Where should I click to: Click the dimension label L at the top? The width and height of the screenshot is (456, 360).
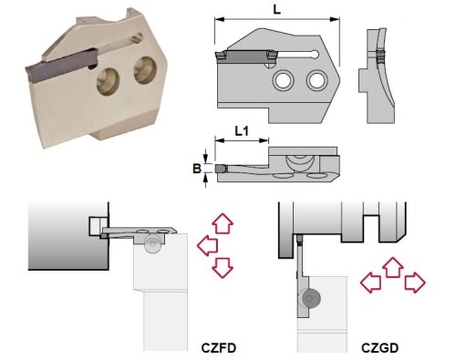click(x=276, y=9)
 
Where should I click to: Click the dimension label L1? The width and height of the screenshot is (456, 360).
click(x=242, y=131)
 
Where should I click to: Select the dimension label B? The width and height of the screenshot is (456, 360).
click(x=197, y=168)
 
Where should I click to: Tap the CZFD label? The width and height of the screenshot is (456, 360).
click(x=219, y=348)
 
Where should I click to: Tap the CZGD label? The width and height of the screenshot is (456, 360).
click(x=379, y=348)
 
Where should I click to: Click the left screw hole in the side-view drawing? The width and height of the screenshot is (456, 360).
click(x=284, y=80)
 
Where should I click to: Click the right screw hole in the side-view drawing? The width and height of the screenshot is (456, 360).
click(x=316, y=80)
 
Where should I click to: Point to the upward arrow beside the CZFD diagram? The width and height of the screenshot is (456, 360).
click(x=223, y=223)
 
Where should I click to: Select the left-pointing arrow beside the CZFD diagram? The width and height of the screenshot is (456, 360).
click(x=207, y=245)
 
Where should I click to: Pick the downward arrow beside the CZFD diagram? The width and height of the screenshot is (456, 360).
click(x=223, y=267)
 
